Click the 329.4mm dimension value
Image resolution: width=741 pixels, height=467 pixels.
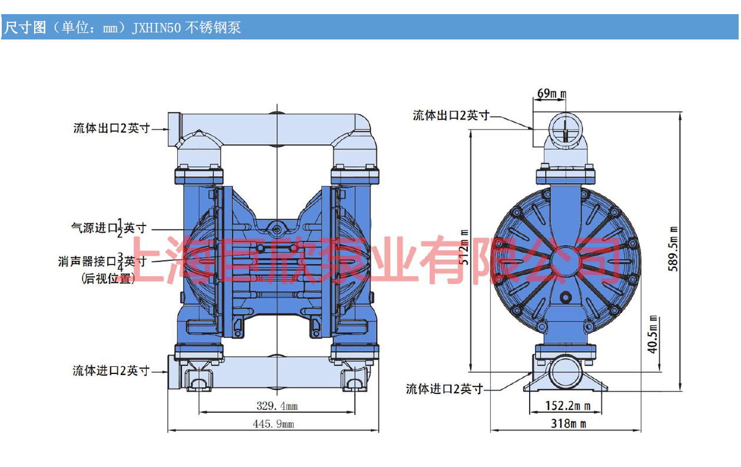(277, 406)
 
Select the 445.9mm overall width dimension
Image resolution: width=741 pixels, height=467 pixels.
(273, 424)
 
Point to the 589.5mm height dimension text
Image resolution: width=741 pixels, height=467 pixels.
(674, 249)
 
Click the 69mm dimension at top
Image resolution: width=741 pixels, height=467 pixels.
(551, 94)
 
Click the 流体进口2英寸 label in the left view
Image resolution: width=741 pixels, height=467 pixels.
(111, 371)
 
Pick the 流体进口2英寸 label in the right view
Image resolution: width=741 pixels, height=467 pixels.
(444, 389)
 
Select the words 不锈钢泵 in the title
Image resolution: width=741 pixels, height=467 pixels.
(213, 28)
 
